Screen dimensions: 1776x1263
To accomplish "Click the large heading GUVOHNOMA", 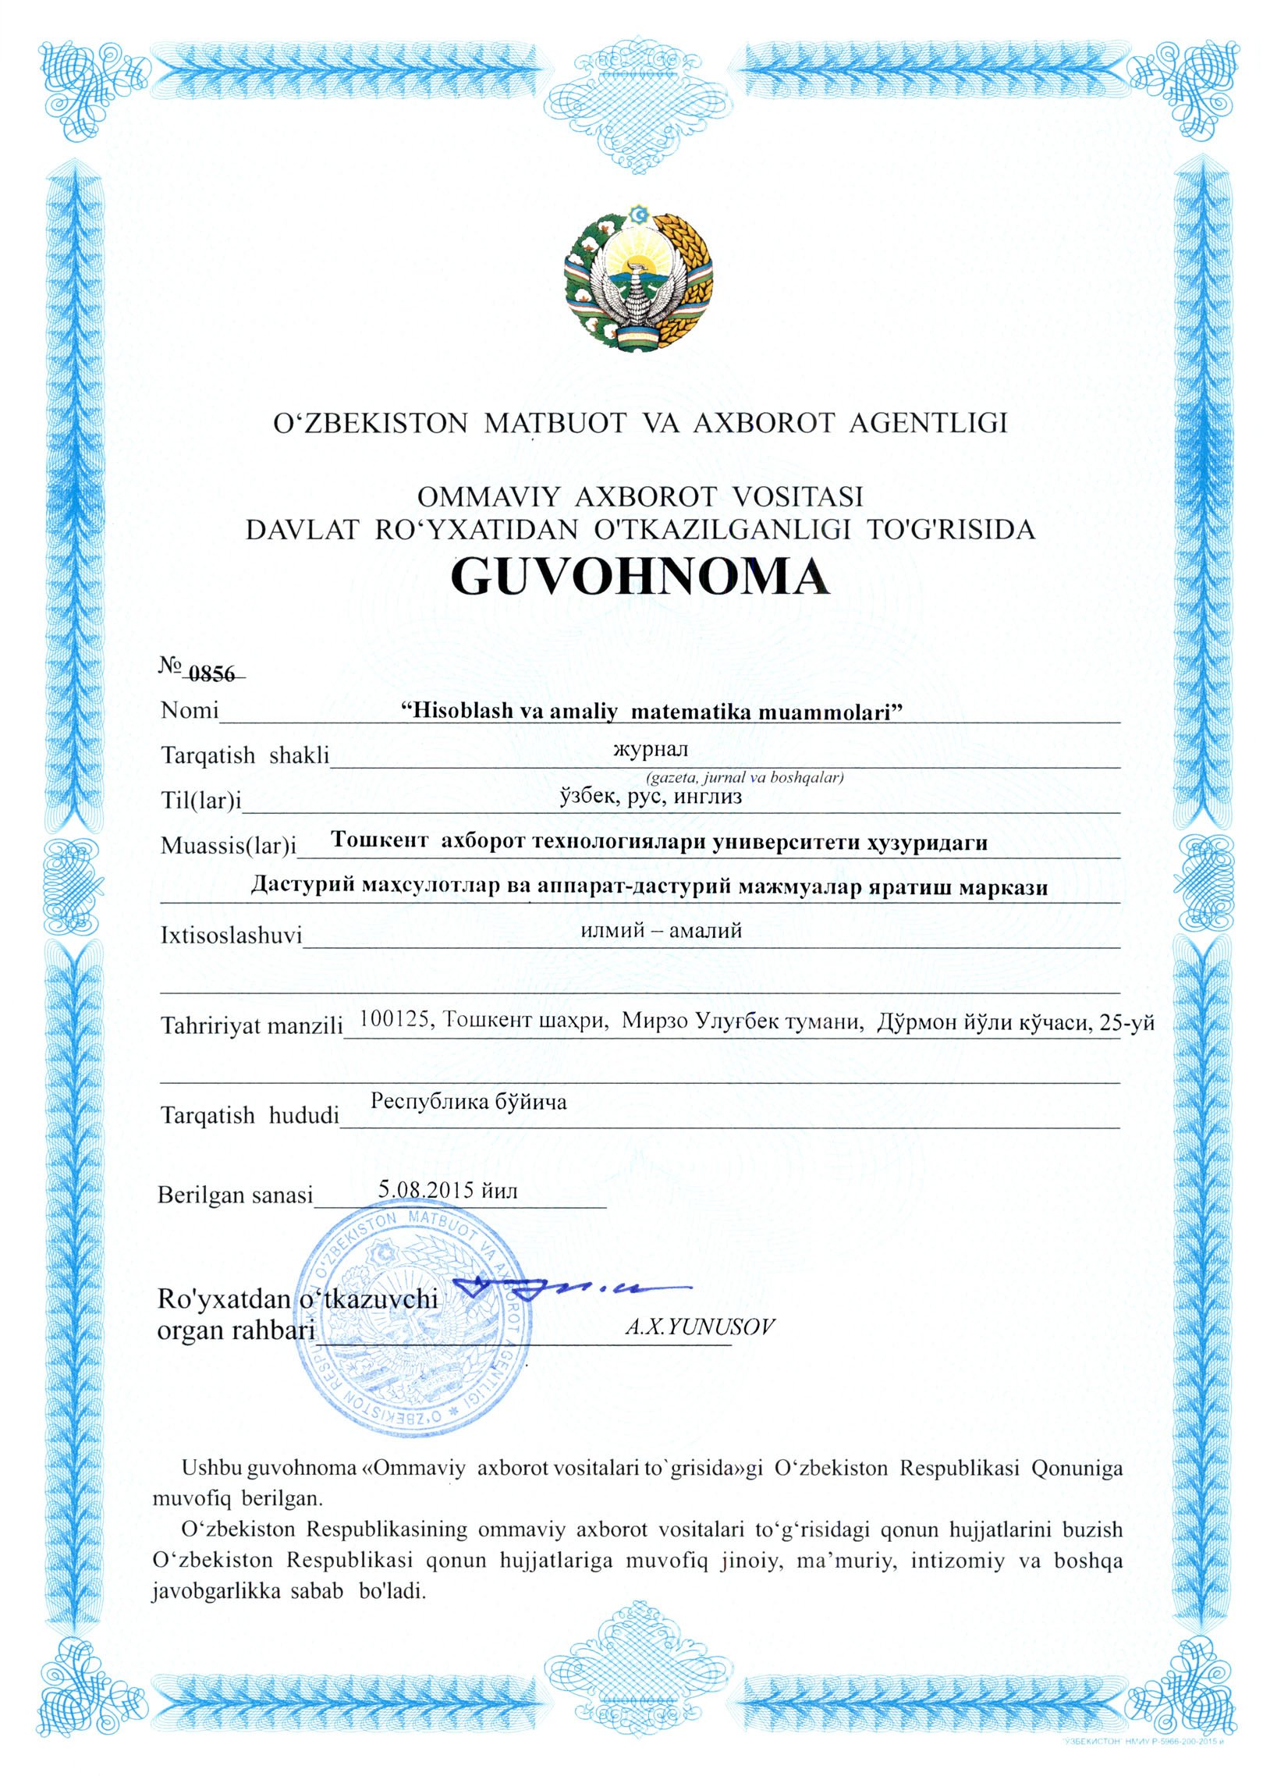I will coord(639,577).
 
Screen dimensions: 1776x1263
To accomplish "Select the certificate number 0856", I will coord(211,673).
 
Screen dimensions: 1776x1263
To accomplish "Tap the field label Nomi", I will coord(189,711).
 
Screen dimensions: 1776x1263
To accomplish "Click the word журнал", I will coord(651,750).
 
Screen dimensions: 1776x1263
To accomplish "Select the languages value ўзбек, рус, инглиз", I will coord(651,797).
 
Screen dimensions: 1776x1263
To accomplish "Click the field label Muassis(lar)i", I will coord(229,845).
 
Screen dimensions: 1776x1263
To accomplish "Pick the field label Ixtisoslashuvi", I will coord(231,935).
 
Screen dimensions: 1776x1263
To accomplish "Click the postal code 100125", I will coord(395,1019).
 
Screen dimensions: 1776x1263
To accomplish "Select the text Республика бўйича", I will coord(468,1102).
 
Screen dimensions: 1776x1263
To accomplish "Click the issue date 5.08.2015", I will coord(426,1190).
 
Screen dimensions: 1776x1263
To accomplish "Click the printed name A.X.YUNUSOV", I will coord(700,1327).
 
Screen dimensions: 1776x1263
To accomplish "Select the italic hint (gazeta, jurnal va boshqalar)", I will coord(744,777).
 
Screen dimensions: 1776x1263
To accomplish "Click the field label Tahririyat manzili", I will coord(251,1025).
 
